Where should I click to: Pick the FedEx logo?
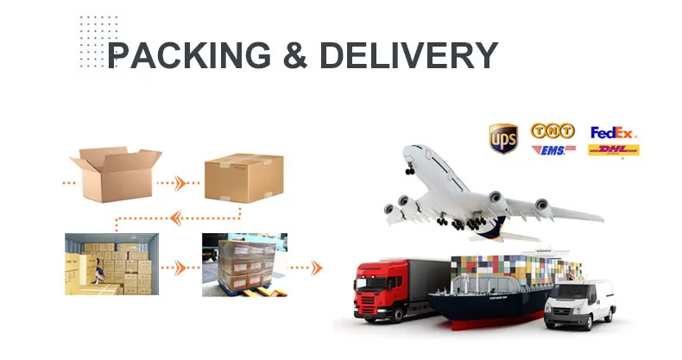tap(613, 132)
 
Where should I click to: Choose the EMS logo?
tap(553, 151)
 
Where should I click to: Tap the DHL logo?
tap(613, 151)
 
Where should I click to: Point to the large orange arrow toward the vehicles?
tap(316, 268)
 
